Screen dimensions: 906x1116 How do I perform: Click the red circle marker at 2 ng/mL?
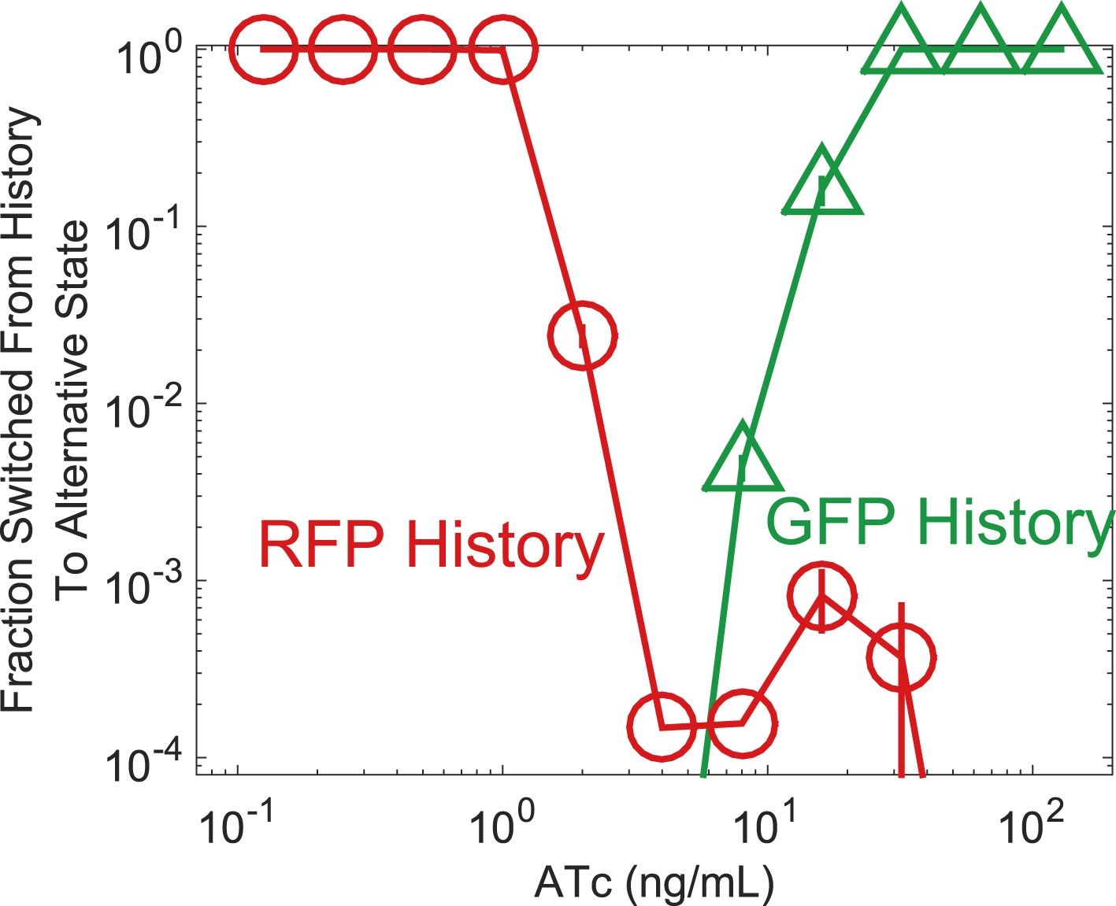click(x=582, y=335)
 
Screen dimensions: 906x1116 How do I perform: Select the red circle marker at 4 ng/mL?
click(x=662, y=727)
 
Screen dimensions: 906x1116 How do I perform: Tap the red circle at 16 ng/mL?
click(x=821, y=596)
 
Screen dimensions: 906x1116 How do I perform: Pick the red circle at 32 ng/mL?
click(x=901, y=657)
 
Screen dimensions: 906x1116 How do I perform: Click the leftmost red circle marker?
click(x=264, y=49)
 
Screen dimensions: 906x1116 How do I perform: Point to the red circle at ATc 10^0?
click(x=503, y=49)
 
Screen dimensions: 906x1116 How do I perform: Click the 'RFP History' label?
click(x=431, y=545)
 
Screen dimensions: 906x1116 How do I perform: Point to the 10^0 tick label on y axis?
click(x=150, y=57)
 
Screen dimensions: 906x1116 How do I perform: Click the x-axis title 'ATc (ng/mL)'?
click(x=654, y=883)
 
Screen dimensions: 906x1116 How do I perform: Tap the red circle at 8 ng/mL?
click(x=742, y=723)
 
